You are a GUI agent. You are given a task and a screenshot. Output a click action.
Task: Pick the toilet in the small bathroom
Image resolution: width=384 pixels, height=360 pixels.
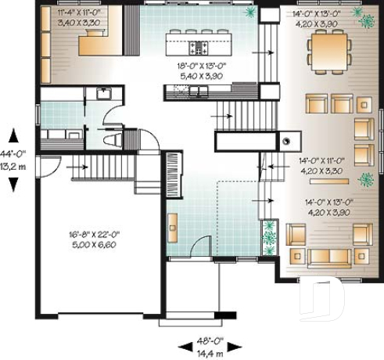pos(112,139)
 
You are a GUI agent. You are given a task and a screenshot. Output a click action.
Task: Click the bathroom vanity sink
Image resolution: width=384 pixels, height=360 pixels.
pos(102,93)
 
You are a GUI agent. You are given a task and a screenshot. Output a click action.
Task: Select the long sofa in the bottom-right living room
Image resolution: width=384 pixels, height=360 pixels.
pos(328,258)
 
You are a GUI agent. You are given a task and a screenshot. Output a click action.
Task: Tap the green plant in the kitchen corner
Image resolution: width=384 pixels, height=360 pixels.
pos(250,13)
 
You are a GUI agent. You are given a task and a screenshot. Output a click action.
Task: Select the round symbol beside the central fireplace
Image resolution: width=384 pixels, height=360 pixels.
pos(287,142)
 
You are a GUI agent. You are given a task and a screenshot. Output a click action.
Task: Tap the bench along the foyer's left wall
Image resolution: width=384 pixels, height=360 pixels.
pos(172,227)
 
